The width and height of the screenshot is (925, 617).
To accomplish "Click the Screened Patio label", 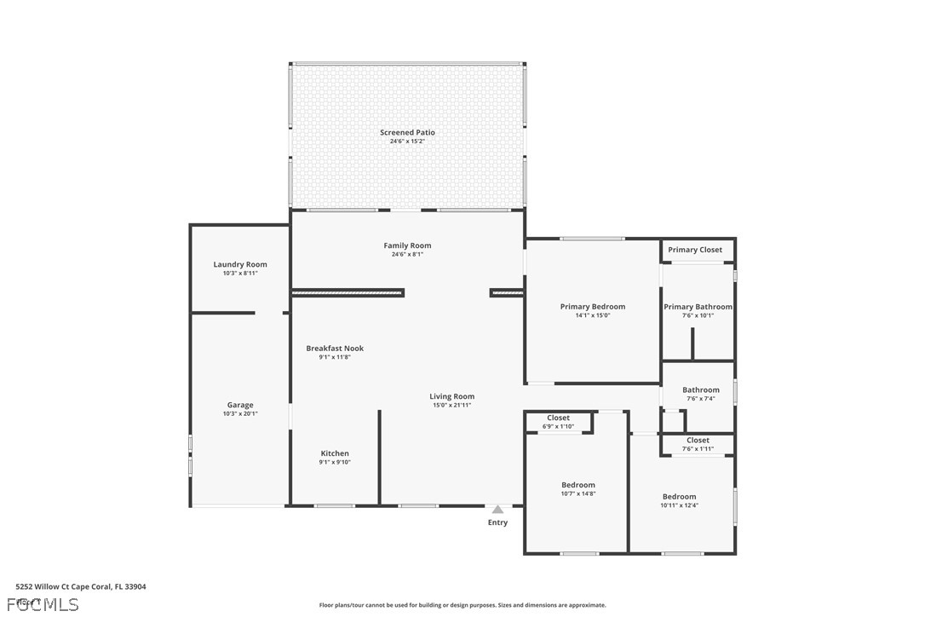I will (x=407, y=133).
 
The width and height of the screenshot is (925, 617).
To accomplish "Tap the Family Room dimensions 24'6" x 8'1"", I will (x=407, y=254).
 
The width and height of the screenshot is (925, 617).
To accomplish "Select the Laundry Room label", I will (x=240, y=264).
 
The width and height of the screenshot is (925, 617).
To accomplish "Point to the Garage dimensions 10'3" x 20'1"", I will (x=240, y=414).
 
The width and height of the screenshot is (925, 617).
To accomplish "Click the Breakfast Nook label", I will (x=335, y=348).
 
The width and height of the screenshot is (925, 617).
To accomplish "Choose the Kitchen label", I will (x=335, y=453).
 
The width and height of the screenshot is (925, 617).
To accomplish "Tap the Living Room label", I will (x=451, y=396).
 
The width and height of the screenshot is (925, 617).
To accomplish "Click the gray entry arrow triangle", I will (x=497, y=510).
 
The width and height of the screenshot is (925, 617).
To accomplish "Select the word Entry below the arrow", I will (x=497, y=522).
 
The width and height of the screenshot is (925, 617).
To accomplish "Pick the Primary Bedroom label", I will (x=592, y=307).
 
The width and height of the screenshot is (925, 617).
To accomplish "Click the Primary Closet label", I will (x=694, y=250).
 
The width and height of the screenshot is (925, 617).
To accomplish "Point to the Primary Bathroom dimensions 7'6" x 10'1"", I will (x=698, y=315).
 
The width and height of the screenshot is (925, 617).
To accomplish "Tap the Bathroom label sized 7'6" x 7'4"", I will (x=700, y=390).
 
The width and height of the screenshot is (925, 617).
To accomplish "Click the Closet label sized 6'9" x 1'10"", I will (x=558, y=418).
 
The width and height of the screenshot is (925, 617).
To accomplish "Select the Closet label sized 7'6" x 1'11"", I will (x=698, y=441).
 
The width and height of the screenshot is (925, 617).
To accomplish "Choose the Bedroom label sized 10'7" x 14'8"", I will (x=577, y=485).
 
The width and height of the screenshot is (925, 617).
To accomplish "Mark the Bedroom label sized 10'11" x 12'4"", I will (x=679, y=497).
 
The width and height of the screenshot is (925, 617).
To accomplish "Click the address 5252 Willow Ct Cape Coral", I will (x=81, y=586).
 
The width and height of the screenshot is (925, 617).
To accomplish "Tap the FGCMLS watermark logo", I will (x=43, y=604).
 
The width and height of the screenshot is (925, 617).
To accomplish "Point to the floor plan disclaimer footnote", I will (x=462, y=605).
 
